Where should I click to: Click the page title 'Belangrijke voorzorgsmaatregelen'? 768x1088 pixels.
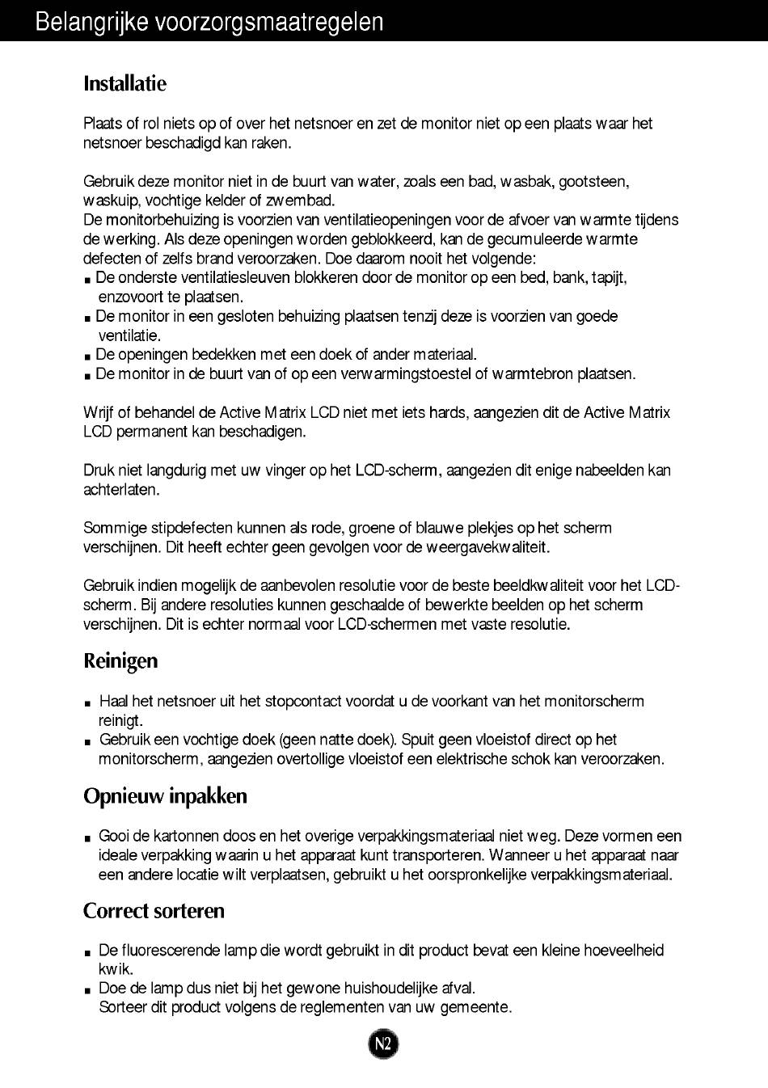[x=209, y=22]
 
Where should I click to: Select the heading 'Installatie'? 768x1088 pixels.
[x=124, y=83]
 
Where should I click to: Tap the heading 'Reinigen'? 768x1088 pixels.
[x=120, y=660]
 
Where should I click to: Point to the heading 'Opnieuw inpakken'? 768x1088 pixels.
[x=165, y=795]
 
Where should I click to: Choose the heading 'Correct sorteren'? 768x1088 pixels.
[x=154, y=910]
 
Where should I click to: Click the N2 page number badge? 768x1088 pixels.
[x=383, y=1044]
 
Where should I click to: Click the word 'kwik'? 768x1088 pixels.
[x=116, y=969]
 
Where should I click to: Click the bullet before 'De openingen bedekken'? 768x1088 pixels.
[x=87, y=356]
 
